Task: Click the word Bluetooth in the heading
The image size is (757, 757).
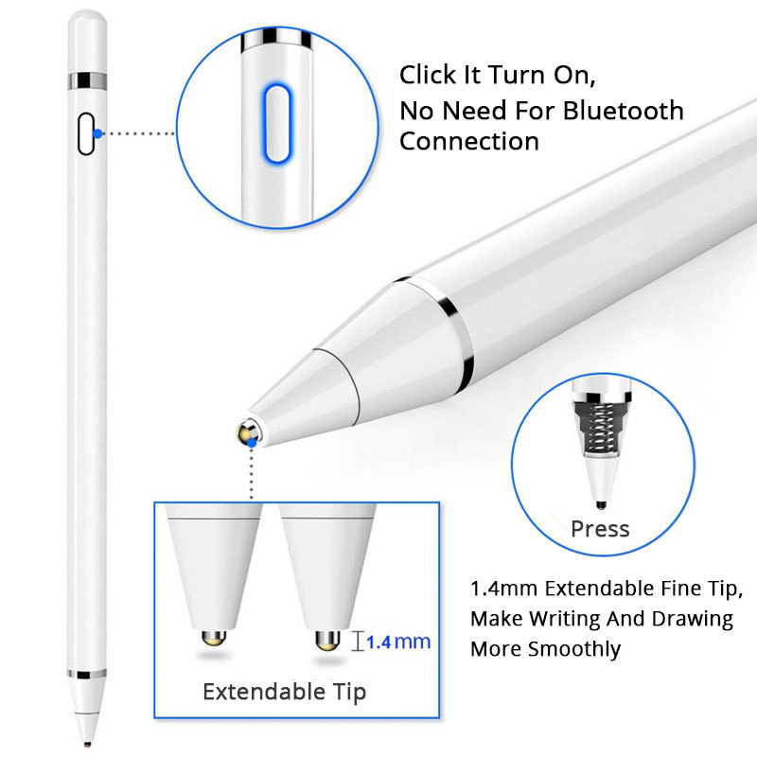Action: [x=623, y=111]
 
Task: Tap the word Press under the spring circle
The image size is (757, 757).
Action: [x=600, y=528]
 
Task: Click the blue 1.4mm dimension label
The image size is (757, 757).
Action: [x=397, y=642]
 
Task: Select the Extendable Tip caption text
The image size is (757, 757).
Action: [x=284, y=692]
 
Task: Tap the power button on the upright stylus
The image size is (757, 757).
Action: [x=86, y=133]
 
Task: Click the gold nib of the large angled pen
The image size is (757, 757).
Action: [x=249, y=433]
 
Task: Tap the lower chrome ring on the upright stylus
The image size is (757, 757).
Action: [x=86, y=675]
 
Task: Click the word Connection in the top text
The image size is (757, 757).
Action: [x=468, y=142]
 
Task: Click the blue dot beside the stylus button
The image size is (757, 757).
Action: [x=99, y=133]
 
